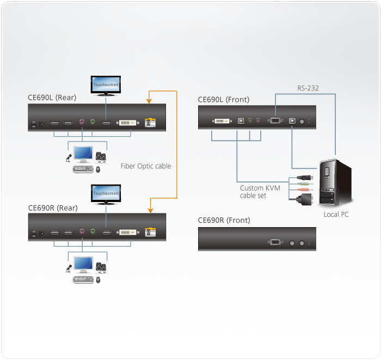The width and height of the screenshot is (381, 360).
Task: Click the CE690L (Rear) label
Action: click(x=52, y=97)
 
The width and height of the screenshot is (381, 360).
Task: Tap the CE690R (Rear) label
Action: click(x=52, y=208)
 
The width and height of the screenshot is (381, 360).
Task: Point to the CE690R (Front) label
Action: click(x=224, y=220)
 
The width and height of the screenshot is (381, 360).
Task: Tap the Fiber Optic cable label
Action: click(x=146, y=166)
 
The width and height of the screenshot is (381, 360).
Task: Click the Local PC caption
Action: click(x=336, y=214)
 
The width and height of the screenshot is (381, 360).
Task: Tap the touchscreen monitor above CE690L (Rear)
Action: click(x=106, y=86)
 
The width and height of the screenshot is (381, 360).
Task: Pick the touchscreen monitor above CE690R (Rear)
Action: click(x=106, y=194)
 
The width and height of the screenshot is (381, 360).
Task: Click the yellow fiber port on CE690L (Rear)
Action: click(x=151, y=123)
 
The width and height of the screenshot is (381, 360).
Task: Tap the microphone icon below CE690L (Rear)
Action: click(x=69, y=158)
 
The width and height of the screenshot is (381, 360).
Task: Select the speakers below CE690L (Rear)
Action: click(x=101, y=157)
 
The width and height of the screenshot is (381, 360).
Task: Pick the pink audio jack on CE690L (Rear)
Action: click(x=82, y=123)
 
